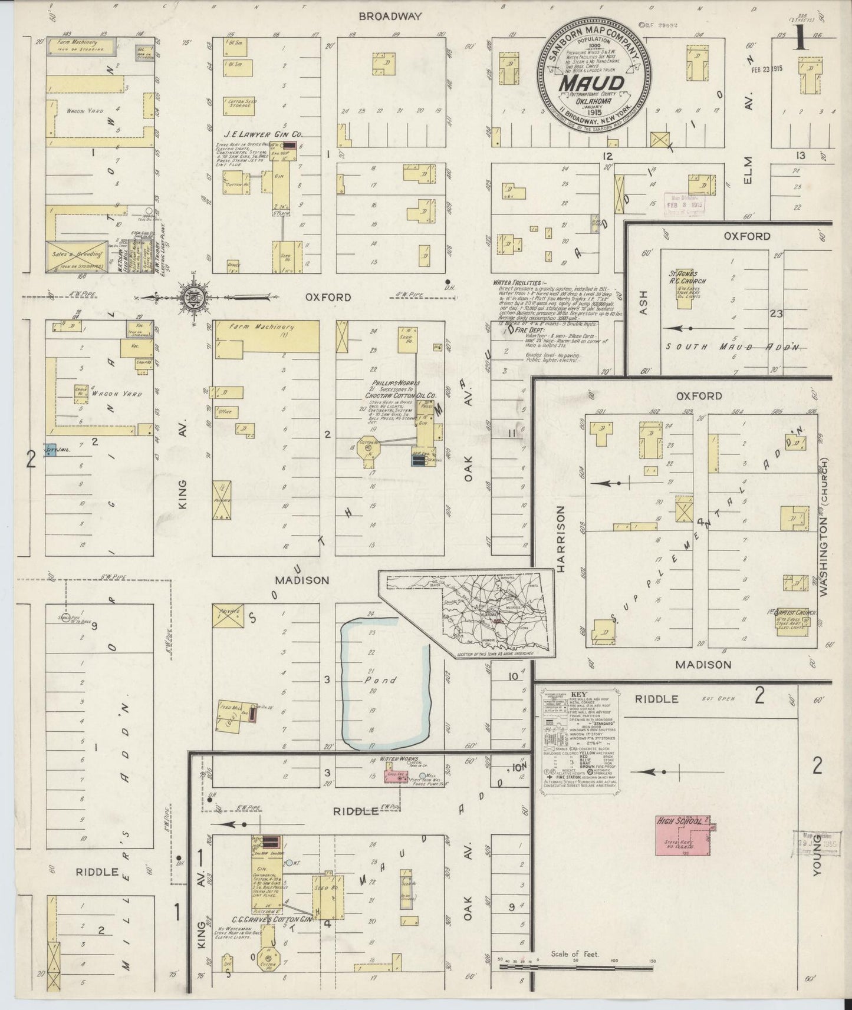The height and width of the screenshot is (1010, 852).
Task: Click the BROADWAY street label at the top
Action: [x=391, y=16]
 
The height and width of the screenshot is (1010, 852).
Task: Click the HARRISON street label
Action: [x=560, y=539]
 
